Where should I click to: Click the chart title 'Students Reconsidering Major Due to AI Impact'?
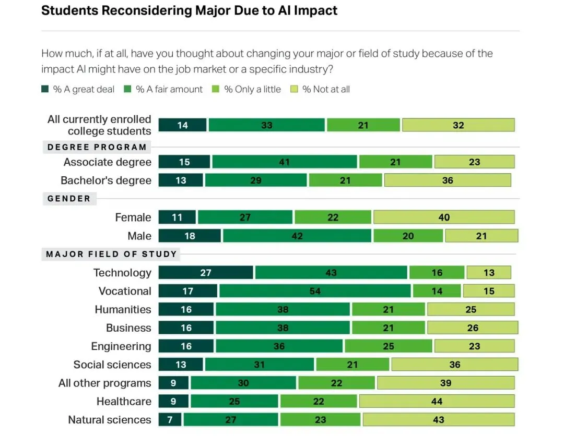[x=189, y=10]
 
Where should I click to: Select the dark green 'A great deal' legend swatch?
[x=45, y=89]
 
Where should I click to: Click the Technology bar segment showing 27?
[x=206, y=273]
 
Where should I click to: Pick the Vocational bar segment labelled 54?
[x=315, y=291]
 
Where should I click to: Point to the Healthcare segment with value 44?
[x=437, y=402]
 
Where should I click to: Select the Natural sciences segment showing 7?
[x=170, y=420]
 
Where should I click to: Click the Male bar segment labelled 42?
[x=297, y=236]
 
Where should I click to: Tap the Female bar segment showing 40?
[x=444, y=217]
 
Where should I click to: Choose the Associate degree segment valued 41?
[x=285, y=162]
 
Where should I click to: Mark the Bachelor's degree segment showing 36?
[x=448, y=180]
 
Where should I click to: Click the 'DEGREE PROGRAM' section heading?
[x=97, y=147]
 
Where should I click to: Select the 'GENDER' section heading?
[x=69, y=199]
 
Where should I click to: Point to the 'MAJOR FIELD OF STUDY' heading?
[x=111, y=254]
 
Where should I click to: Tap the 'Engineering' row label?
[x=121, y=346]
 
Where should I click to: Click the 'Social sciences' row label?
[x=112, y=365]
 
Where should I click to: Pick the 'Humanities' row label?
[x=123, y=309]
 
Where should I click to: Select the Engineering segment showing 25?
[x=388, y=346]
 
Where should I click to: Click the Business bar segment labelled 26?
[x=473, y=328]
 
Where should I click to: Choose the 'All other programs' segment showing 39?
[x=445, y=383]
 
